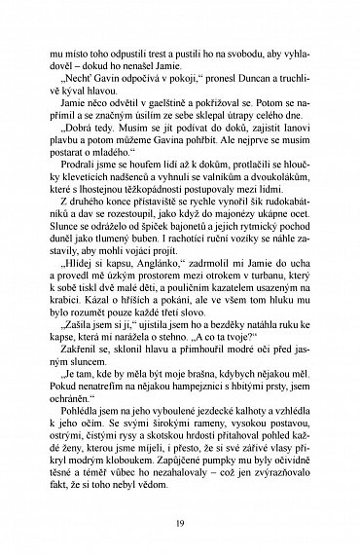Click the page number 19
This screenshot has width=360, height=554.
180,521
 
